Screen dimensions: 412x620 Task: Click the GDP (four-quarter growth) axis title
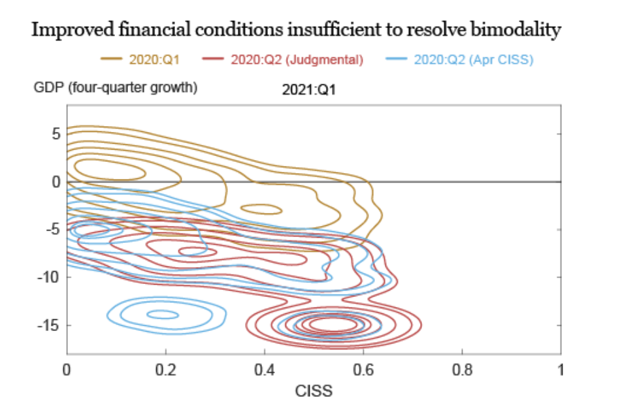point(115,88)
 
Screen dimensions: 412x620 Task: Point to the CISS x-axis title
point(314,391)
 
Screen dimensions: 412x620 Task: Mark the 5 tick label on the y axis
point(56,134)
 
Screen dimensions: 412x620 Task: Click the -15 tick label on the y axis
point(50,325)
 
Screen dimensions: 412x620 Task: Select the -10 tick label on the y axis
point(50,277)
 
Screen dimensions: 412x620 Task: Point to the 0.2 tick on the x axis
point(165,370)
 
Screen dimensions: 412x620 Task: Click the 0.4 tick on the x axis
point(265,370)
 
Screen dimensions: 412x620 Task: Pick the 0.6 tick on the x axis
point(363,370)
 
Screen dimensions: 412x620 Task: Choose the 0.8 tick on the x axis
point(462,370)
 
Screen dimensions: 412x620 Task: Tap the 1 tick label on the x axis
point(561,370)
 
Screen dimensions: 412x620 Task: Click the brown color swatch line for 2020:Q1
point(112,60)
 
